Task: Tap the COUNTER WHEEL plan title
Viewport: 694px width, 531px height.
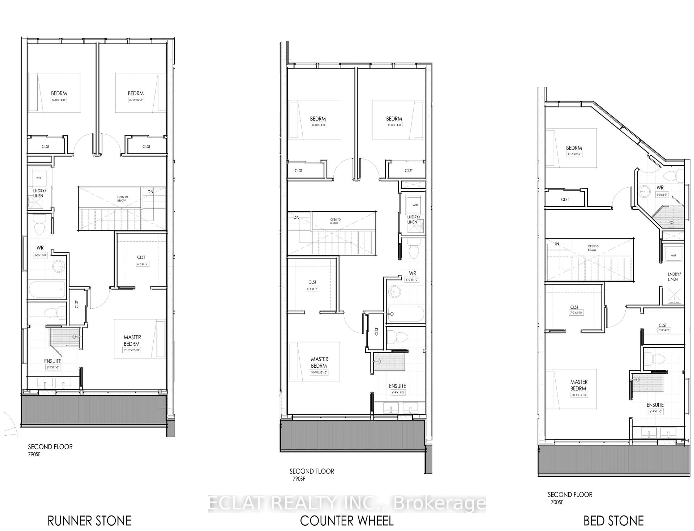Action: click(346, 521)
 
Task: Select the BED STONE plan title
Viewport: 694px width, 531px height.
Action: click(613, 521)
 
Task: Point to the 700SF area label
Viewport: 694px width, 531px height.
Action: click(557, 502)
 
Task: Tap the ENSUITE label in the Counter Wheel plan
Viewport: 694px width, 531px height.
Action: click(397, 386)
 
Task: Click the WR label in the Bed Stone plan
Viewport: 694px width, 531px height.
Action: click(660, 187)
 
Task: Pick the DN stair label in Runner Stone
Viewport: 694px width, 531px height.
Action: click(150, 192)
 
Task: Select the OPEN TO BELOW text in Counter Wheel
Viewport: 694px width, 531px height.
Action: click(335, 221)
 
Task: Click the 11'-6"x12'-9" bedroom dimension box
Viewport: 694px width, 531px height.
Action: click(574, 154)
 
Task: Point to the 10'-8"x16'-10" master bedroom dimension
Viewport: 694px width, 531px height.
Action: click(579, 395)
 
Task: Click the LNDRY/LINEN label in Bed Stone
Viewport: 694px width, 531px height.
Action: click(674, 277)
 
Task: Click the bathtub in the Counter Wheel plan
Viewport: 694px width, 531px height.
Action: click(405, 314)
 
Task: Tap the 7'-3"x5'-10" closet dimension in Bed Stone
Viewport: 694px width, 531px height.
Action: click(576, 313)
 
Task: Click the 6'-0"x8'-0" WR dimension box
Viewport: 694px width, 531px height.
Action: click(661, 195)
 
